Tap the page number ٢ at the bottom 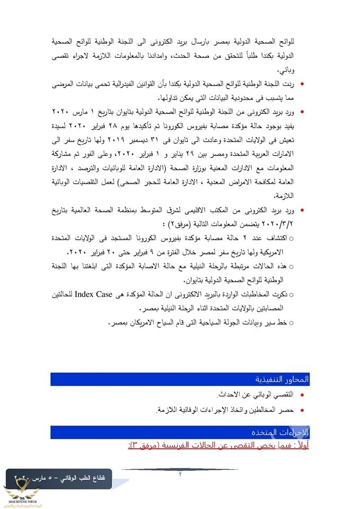coord(180,473)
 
